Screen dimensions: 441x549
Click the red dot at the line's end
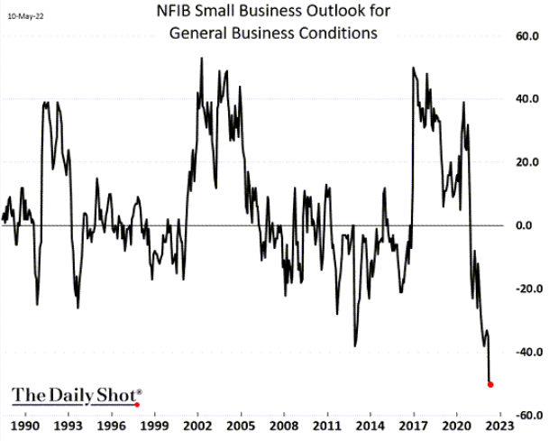(x=490, y=384)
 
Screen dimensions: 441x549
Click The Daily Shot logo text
(x=76, y=395)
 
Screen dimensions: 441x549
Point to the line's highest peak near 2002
(x=200, y=58)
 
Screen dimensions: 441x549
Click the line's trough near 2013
(x=354, y=345)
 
